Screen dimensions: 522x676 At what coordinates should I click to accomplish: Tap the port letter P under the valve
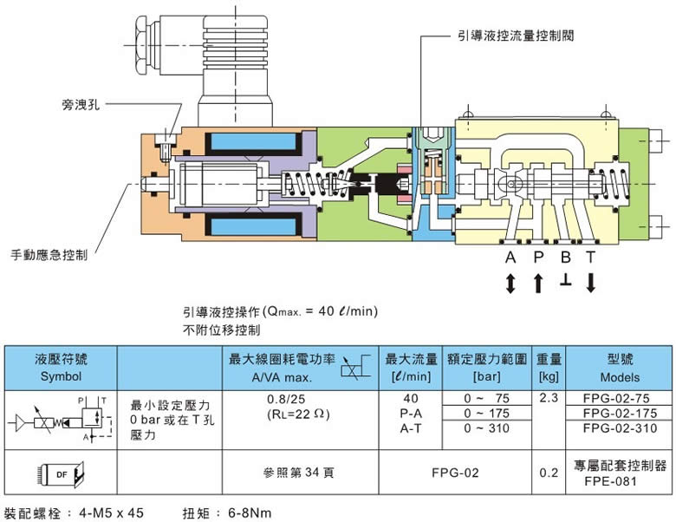coord(537,258)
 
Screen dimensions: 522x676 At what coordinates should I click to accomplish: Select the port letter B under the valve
coord(565,258)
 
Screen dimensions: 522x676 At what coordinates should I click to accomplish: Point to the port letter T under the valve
coord(591,258)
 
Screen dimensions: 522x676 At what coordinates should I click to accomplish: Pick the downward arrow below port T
coord(591,284)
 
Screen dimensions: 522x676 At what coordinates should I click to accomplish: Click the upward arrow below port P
coord(537,284)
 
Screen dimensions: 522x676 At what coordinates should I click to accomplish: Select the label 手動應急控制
coord(49,255)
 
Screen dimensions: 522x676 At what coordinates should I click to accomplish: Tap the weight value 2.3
coord(547,399)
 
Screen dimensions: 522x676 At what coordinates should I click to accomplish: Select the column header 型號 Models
coord(619,368)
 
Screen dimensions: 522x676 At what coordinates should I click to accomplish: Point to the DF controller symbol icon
coord(61,473)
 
